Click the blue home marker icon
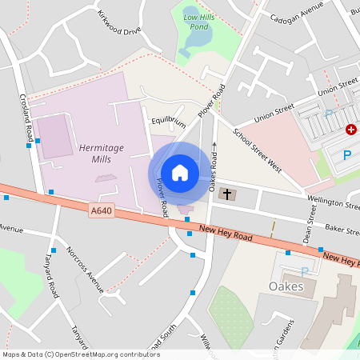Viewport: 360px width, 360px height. click(x=180, y=173)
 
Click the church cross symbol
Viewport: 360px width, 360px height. click(x=226, y=194)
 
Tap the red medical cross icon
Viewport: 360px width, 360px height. click(x=350, y=130)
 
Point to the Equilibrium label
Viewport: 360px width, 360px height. click(x=168, y=122)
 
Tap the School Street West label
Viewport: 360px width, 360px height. click(x=258, y=150)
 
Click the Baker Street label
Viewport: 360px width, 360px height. click(x=339, y=230)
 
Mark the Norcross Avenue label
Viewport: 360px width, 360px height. click(x=85, y=266)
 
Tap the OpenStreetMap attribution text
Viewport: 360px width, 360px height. click(x=81, y=354)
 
